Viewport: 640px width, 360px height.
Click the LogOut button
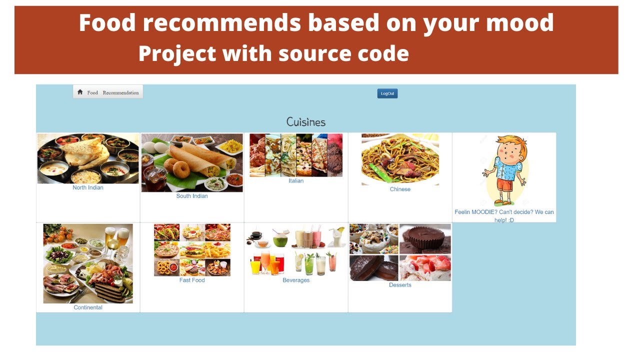click(387, 93)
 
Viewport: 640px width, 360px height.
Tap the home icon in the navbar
click(80, 92)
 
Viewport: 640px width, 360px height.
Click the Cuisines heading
click(306, 122)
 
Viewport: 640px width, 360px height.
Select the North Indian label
click(88, 188)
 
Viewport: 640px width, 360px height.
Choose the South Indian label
click(192, 196)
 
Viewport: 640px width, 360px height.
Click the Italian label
click(296, 181)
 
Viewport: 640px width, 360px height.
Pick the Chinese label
click(400, 189)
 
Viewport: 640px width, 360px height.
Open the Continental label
click(88, 307)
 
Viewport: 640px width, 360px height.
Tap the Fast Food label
click(192, 280)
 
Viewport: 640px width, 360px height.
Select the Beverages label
click(296, 280)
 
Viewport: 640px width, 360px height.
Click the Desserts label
click(400, 285)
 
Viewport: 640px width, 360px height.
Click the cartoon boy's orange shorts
click(504, 185)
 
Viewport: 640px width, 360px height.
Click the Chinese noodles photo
click(400, 159)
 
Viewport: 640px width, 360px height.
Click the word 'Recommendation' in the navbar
click(120, 92)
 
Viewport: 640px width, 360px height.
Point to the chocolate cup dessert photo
click(425, 239)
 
